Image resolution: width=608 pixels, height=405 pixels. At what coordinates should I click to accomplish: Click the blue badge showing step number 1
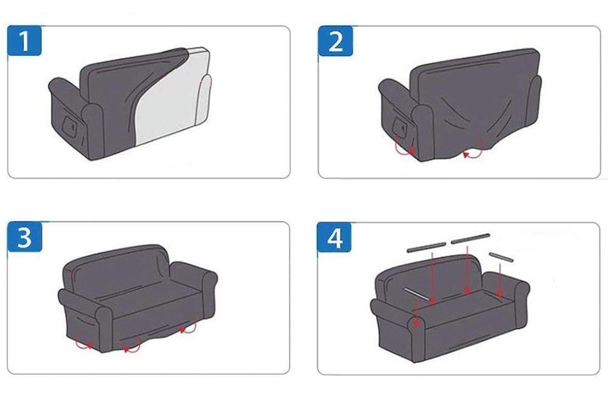point(24,40)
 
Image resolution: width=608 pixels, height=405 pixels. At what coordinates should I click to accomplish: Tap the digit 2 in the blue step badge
point(335,41)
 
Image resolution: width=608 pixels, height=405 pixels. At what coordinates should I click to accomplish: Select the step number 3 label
point(24,237)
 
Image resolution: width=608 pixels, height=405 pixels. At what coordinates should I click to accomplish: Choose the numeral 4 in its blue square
point(335,237)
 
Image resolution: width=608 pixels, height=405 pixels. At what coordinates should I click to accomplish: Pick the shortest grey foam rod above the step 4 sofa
point(501,257)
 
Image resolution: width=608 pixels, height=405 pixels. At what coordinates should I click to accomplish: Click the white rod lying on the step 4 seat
point(417,294)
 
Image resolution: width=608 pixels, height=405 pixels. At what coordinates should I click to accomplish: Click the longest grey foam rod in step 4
point(470,238)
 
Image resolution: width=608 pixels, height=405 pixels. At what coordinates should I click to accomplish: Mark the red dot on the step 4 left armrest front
point(416,323)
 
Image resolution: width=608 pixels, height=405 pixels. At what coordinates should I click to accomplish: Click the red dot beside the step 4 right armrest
point(500,294)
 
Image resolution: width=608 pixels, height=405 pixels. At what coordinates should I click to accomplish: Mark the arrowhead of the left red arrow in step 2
point(412,151)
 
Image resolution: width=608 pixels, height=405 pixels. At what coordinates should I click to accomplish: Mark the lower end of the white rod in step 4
point(430,300)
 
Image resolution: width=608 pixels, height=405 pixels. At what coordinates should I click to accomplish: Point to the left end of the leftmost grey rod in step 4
point(408,251)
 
